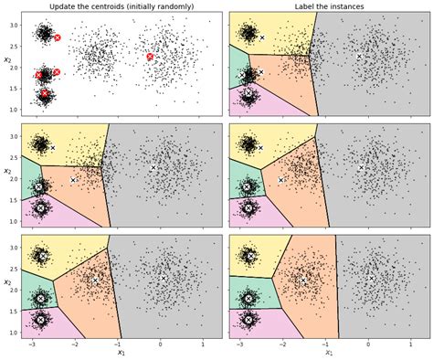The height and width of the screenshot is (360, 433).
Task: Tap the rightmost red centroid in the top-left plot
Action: click(151, 57)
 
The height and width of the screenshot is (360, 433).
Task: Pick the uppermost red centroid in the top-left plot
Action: click(58, 37)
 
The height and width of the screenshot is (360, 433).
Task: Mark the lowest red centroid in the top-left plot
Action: click(45, 93)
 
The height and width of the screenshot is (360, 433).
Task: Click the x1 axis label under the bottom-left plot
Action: click(119, 354)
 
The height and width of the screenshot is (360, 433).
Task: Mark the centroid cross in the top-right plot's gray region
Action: click(359, 57)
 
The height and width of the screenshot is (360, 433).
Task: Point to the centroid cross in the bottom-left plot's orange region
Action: click(94, 281)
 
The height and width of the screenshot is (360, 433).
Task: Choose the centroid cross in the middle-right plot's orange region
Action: click(281, 180)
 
